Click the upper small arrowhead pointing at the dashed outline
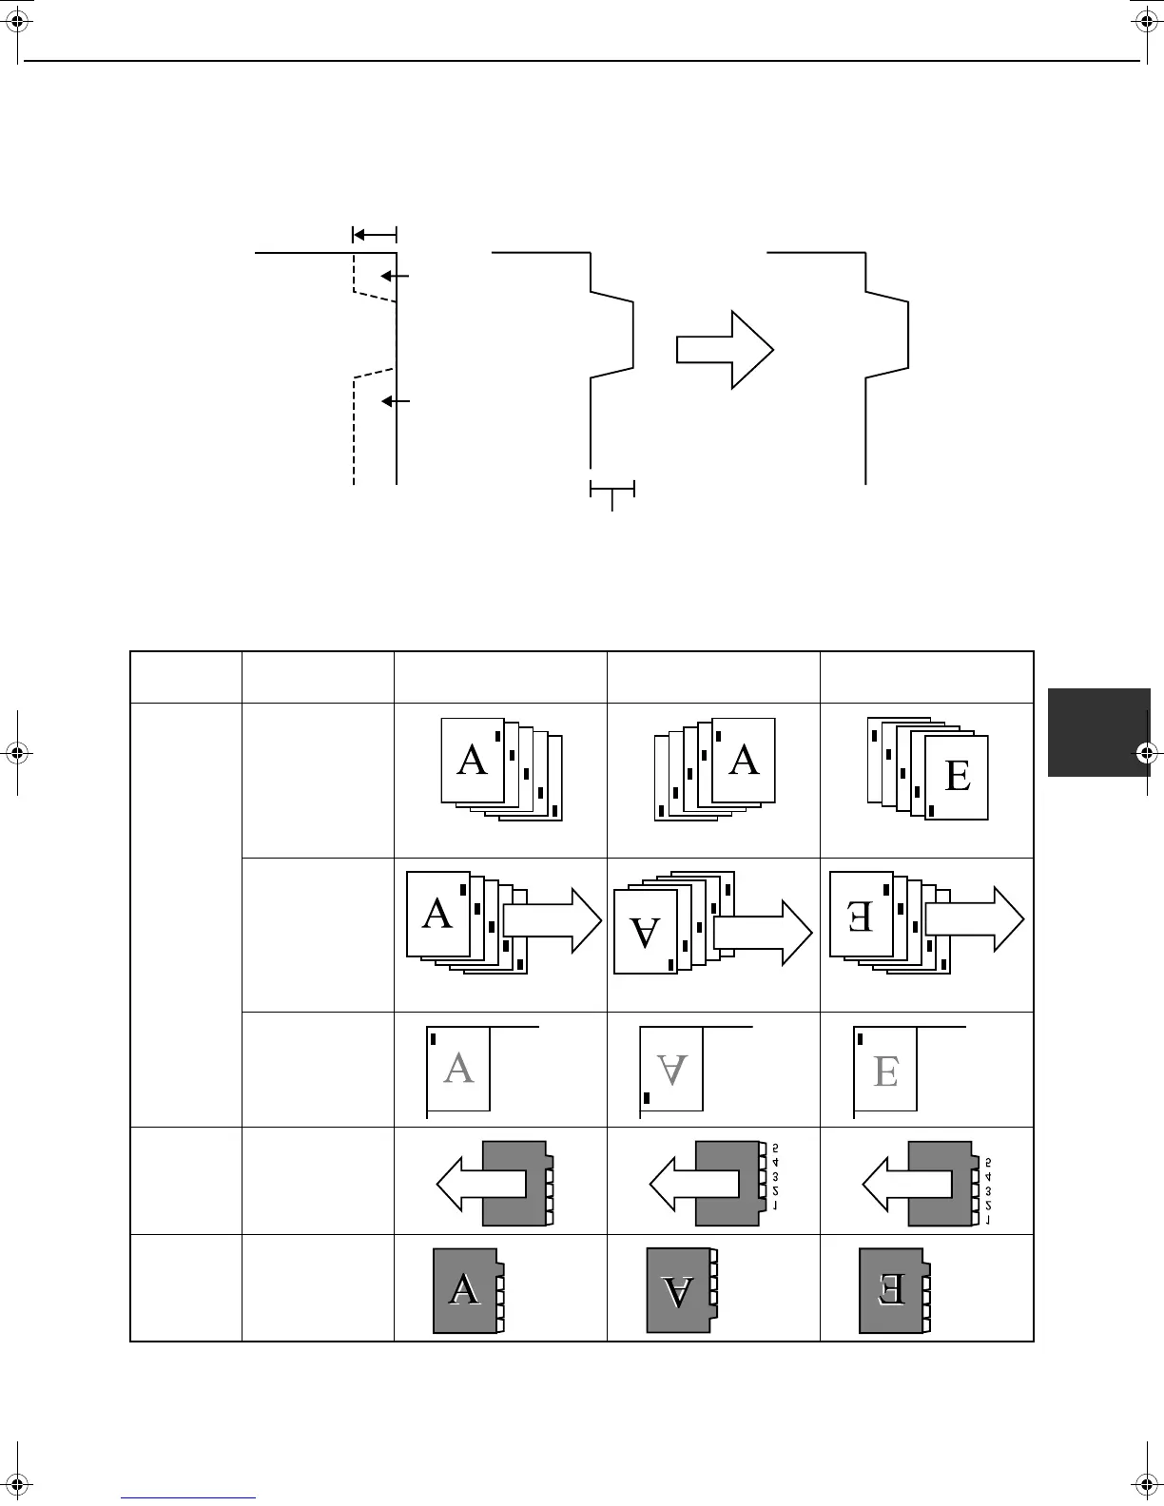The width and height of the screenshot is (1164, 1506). click(x=388, y=276)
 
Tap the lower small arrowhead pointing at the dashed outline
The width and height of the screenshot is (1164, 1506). click(x=388, y=402)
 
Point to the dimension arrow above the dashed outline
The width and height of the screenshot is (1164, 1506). click(x=374, y=234)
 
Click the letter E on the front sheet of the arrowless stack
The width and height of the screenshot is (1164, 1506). click(x=958, y=777)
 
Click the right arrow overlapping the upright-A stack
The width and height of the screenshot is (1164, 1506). click(x=553, y=919)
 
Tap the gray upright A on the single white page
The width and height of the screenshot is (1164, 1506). click(x=458, y=1069)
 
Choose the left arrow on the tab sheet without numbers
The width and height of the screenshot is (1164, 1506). click(x=480, y=1184)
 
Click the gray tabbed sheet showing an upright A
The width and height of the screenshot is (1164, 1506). click(x=466, y=1290)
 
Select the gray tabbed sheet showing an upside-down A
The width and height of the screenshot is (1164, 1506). click(x=679, y=1290)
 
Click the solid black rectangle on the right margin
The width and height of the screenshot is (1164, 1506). click(x=1098, y=732)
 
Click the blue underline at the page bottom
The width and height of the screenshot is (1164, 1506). click(x=189, y=1497)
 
